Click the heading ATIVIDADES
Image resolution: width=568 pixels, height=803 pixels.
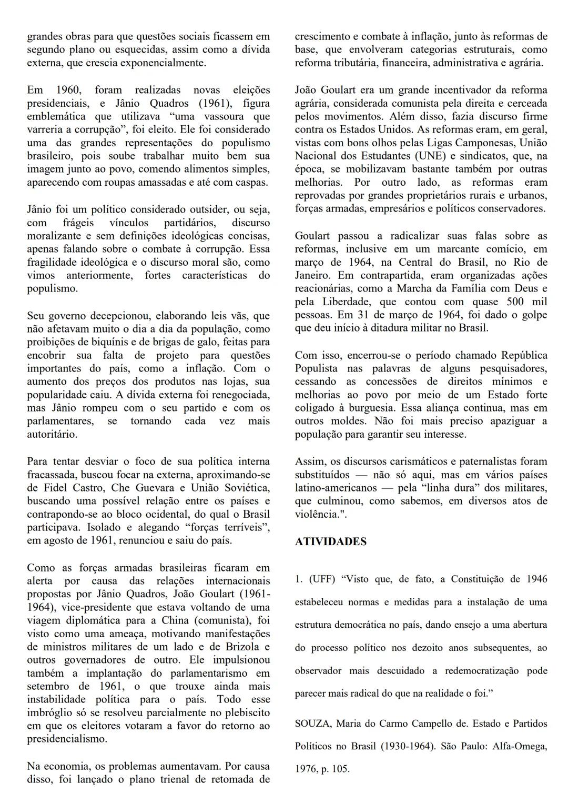coord(330,542)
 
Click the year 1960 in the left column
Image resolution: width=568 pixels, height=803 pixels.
coord(70,90)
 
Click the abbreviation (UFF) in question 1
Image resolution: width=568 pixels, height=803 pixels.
coord(321,579)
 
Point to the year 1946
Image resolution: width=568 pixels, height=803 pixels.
coord(534,579)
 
